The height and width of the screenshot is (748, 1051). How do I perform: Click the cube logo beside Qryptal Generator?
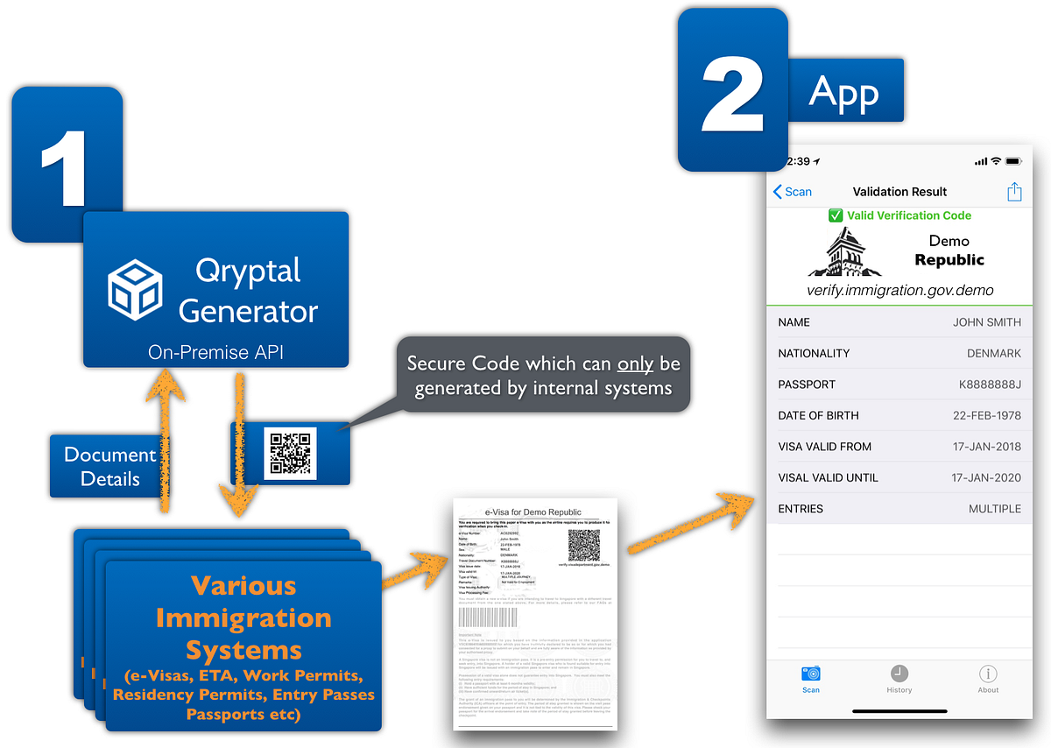135,290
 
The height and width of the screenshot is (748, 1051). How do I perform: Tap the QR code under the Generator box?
290,453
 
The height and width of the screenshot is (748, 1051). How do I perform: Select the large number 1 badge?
66,166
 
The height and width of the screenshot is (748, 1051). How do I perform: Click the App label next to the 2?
844,91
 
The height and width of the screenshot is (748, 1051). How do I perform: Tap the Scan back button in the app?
793,192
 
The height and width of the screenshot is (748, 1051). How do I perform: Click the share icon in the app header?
1014,192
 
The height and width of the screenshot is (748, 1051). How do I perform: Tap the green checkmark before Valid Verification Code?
836,215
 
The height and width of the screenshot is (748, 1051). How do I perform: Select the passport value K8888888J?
990,385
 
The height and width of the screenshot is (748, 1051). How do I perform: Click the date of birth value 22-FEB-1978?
986,415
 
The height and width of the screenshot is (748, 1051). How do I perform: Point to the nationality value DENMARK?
994,353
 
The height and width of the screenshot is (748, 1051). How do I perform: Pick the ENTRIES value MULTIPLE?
994,509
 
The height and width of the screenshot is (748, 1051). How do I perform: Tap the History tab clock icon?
899,674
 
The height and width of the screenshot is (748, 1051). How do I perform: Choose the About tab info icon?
988,674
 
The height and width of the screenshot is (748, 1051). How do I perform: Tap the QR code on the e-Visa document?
584,545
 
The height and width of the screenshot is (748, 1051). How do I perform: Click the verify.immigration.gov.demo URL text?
899,290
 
